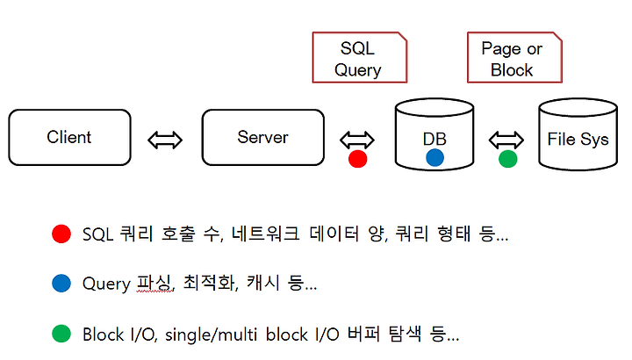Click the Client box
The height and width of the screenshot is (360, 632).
(x=69, y=138)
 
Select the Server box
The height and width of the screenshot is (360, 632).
(x=262, y=138)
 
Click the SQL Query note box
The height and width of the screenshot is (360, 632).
(x=360, y=58)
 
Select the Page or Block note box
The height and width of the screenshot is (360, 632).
(x=514, y=58)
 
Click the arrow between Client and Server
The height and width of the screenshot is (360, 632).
(x=165, y=140)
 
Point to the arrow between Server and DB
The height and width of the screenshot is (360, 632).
(x=357, y=140)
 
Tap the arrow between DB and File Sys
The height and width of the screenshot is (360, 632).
(x=506, y=140)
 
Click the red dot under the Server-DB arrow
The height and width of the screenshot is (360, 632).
(x=358, y=159)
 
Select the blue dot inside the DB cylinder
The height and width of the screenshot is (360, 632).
(x=434, y=158)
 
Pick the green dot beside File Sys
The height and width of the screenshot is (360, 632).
(x=508, y=159)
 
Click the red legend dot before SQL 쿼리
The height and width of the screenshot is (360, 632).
(x=61, y=234)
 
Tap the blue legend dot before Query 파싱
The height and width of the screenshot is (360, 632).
(x=61, y=284)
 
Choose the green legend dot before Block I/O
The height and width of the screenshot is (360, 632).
(x=61, y=334)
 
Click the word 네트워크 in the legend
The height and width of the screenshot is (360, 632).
(x=266, y=234)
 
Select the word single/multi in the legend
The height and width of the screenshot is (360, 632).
(x=212, y=335)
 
